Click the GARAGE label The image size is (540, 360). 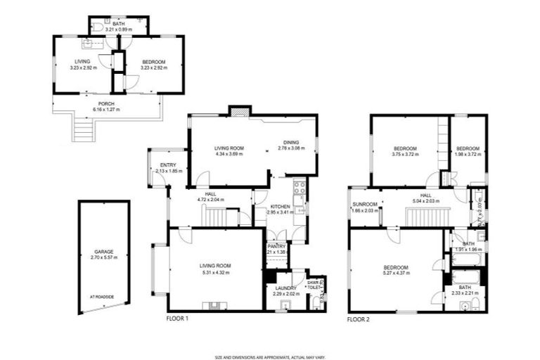(x=104, y=251)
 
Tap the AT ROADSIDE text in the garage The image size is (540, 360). (x=103, y=297)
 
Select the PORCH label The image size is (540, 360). (x=106, y=103)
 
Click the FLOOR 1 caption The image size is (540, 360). (x=177, y=319)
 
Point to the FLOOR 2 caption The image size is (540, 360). (x=359, y=319)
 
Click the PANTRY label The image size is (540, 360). (x=276, y=246)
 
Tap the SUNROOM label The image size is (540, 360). (x=365, y=204)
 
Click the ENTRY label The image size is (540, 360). (x=167, y=165)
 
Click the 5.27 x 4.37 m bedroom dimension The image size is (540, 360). (x=396, y=273)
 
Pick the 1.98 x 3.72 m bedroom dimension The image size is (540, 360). (x=468, y=154)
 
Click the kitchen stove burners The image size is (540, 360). (x=299, y=187)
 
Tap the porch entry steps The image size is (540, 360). (x=82, y=129)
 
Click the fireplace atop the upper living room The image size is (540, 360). (x=240, y=110)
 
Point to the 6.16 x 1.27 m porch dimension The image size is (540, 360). (x=106, y=110)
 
